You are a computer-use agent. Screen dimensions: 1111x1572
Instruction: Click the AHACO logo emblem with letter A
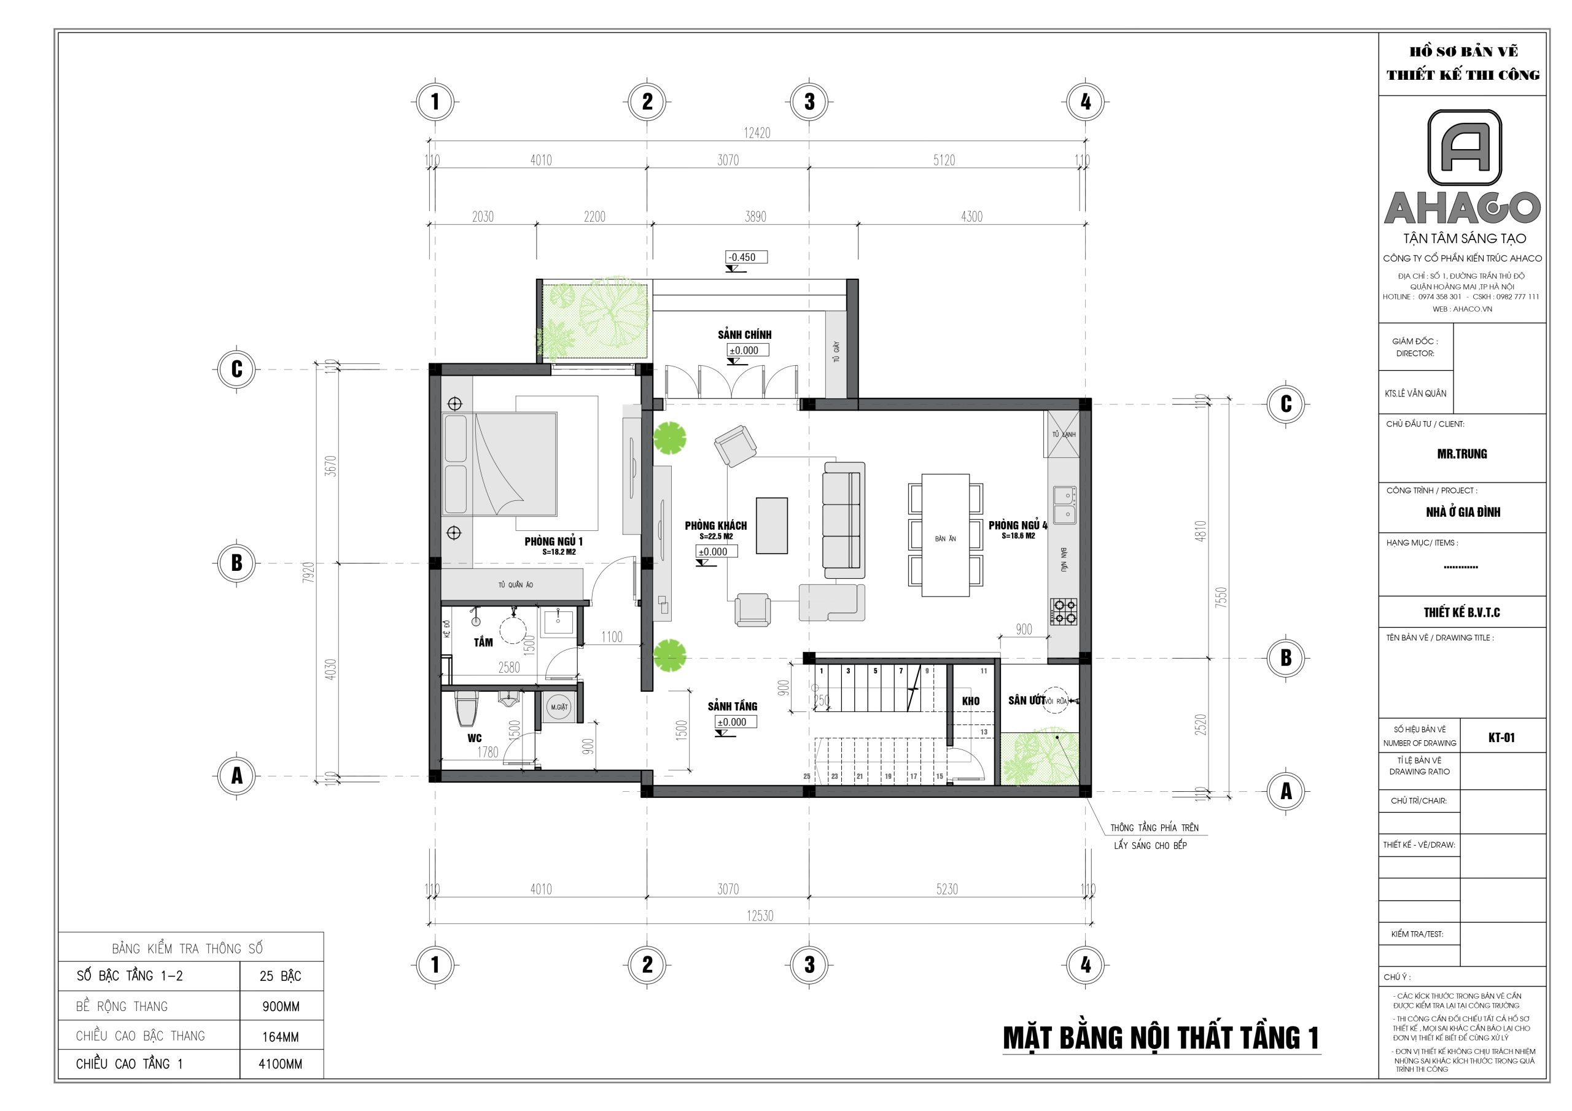[1464, 148]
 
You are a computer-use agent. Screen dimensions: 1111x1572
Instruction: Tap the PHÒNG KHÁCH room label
[715, 525]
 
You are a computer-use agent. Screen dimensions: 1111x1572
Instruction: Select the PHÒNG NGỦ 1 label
[553, 541]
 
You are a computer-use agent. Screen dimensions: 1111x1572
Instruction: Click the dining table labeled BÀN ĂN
[945, 535]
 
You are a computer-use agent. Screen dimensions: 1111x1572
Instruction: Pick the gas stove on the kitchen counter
[1064, 611]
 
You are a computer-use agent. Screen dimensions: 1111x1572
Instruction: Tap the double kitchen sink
[1064, 505]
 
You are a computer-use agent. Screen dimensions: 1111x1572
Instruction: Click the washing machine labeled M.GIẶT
[559, 707]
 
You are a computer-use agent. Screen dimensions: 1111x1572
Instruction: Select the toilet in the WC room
[466, 708]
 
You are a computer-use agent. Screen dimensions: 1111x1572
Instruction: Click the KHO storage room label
[970, 701]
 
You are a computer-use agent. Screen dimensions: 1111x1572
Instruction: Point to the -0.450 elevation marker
[745, 257]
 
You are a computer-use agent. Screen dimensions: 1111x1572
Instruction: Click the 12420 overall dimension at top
[757, 133]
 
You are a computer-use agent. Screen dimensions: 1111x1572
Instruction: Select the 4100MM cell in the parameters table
[280, 1064]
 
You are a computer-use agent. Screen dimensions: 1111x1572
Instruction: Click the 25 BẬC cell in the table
[280, 976]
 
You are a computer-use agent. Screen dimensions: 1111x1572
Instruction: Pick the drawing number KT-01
[1501, 737]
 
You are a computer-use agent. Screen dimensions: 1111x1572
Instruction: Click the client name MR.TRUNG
[1461, 454]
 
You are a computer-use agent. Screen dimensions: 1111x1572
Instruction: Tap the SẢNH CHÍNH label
[744, 335]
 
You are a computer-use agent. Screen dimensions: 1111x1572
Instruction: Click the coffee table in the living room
[772, 525]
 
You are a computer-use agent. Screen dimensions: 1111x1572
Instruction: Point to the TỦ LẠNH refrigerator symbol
[1062, 434]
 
